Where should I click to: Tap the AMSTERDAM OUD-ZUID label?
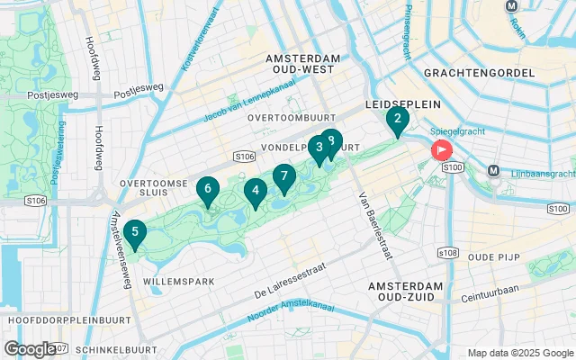click(x=406, y=292)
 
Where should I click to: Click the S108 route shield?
click(x=447, y=253)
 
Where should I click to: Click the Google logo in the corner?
click(x=29, y=349)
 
